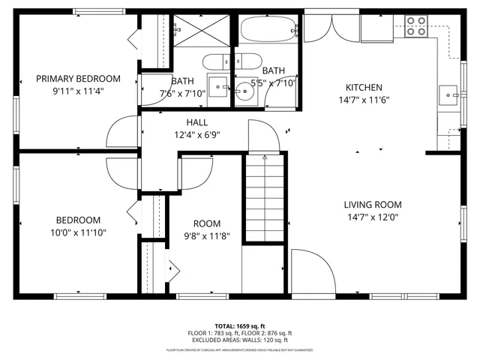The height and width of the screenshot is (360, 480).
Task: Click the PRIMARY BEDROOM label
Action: pos(78,79)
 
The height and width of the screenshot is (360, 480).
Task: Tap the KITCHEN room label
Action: pos(364,88)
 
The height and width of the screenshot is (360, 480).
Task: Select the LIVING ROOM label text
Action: pos(373,205)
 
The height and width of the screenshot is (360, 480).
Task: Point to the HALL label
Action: pos(197,122)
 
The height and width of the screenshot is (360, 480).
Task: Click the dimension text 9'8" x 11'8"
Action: pos(207,235)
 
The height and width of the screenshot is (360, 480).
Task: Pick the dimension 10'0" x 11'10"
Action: pos(78,232)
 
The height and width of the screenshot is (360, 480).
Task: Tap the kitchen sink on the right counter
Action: pos(447,95)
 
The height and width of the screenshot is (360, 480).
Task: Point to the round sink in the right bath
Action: pos(244,93)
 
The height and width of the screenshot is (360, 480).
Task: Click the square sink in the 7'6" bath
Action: pos(217,84)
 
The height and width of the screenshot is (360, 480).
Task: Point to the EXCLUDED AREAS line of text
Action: pos(239,340)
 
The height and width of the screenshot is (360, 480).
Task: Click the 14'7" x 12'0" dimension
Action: pos(373,217)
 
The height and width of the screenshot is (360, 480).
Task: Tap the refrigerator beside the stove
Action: pos(376,28)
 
